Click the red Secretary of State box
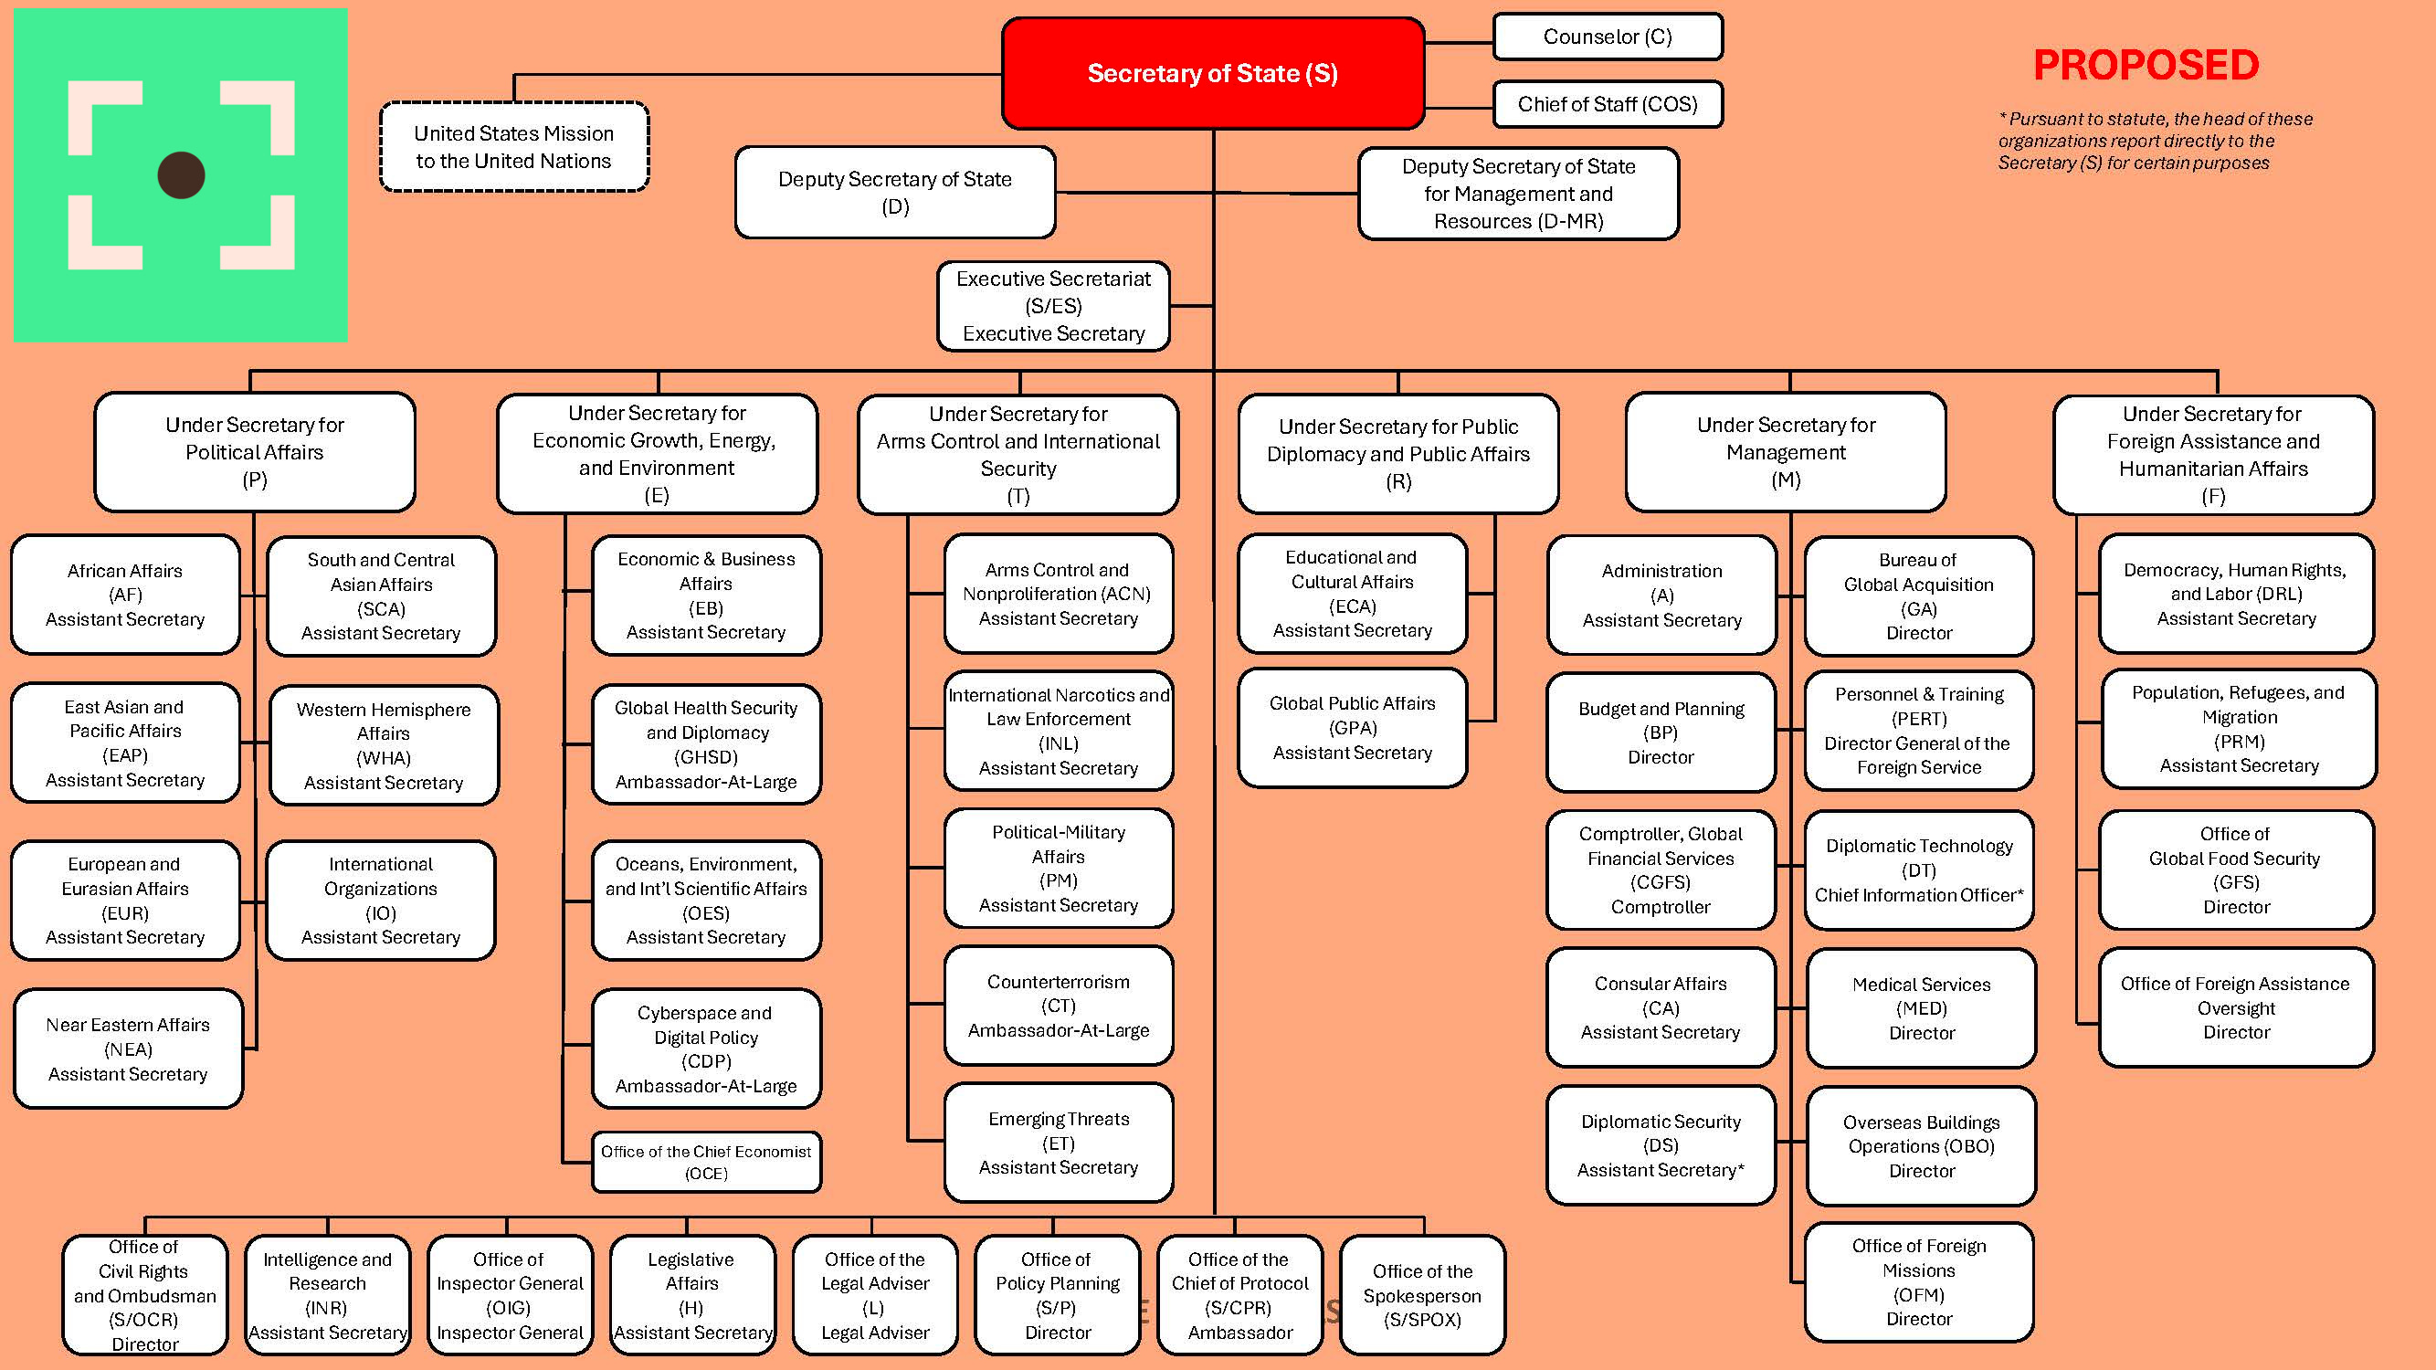tap(1212, 73)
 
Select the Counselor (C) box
tap(1607, 37)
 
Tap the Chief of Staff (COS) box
tap(1607, 104)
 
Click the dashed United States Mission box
tap(513, 147)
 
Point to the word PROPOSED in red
tap(2146, 65)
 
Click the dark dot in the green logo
tap(181, 175)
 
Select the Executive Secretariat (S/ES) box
tap(1052, 306)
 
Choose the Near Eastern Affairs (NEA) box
tap(128, 1049)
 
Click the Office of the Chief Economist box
tap(705, 1162)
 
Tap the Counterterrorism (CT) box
tap(1059, 1005)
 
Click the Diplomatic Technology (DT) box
tap(1919, 869)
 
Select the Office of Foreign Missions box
tap(1919, 1281)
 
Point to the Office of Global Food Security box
tap(2236, 869)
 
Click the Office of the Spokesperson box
tap(1421, 1294)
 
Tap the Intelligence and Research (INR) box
tap(327, 1294)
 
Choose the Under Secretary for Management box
tap(1786, 452)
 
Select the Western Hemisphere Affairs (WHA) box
tap(383, 745)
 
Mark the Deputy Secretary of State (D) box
tap(894, 192)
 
